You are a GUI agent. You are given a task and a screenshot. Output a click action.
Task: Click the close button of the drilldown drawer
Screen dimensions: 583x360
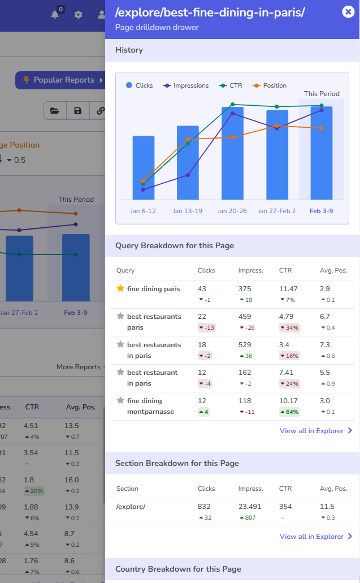(x=348, y=12)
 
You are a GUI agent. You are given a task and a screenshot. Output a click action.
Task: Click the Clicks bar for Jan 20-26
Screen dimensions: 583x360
(x=232, y=153)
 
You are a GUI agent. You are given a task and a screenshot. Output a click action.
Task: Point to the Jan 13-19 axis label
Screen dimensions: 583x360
(x=187, y=211)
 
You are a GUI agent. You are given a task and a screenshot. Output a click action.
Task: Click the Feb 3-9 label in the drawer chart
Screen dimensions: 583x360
(x=321, y=211)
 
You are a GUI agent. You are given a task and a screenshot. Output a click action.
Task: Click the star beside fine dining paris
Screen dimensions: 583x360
(x=120, y=288)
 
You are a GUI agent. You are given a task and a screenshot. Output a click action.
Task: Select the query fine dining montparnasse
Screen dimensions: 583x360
(x=144, y=406)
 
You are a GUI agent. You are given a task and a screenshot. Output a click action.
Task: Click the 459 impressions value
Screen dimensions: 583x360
(x=245, y=317)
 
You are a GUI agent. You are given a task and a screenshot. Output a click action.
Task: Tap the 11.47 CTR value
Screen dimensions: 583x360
(x=288, y=289)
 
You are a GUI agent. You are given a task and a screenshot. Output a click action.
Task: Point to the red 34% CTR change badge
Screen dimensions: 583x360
(x=289, y=328)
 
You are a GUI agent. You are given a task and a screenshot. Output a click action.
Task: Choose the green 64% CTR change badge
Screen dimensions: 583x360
(x=289, y=412)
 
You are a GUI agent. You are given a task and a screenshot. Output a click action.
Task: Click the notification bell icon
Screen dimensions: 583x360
(x=55, y=15)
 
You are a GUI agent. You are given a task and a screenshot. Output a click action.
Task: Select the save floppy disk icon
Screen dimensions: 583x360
(x=77, y=111)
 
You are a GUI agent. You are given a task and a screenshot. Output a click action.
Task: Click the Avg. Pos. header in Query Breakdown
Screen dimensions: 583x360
(x=333, y=270)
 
